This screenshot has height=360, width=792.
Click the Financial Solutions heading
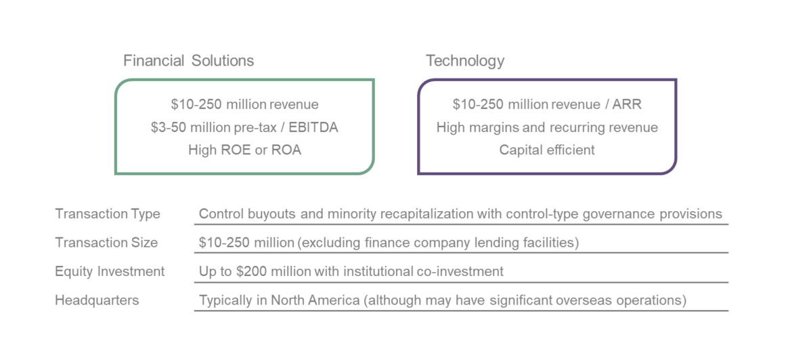point(188,61)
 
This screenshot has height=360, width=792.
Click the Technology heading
point(465,61)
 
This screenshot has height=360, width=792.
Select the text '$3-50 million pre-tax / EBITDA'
point(244,127)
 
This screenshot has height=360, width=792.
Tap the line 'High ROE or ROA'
point(244,150)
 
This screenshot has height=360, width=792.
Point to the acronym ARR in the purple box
point(628,104)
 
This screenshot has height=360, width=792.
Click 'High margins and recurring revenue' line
point(547,127)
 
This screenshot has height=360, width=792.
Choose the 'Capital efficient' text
point(547,150)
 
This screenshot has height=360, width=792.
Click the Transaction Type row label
point(108,214)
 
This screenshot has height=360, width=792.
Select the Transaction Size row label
point(106,243)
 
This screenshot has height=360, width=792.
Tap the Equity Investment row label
point(110,271)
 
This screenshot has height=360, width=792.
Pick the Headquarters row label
point(97,300)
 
